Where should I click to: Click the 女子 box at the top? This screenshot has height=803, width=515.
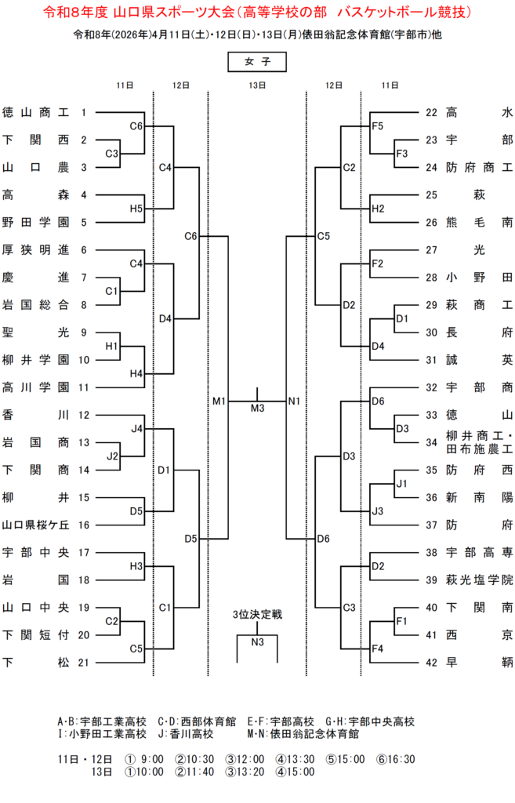[x=257, y=61]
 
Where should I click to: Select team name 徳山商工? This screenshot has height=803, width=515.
[x=36, y=112]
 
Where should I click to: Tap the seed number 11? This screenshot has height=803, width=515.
[x=84, y=387]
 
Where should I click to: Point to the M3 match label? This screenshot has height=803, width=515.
[x=258, y=408]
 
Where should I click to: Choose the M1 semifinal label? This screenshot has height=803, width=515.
[x=219, y=401]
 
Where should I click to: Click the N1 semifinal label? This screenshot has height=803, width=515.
[x=295, y=401]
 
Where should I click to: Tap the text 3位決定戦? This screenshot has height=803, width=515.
[x=257, y=615]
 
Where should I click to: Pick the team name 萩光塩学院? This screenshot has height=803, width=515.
[x=479, y=580]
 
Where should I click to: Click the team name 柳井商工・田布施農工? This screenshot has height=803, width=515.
[x=479, y=442]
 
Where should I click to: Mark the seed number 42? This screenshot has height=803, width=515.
[x=431, y=662]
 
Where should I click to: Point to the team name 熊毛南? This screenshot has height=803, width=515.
[x=479, y=222]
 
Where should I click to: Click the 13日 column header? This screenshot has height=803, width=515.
[x=257, y=85]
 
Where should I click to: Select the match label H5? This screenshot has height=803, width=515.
[x=136, y=209]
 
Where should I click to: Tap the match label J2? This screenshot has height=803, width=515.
[x=112, y=456]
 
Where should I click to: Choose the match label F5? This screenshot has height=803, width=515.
[x=377, y=125]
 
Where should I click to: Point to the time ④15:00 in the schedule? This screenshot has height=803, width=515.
[x=295, y=772]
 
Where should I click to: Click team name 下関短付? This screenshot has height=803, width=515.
[x=36, y=634]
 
